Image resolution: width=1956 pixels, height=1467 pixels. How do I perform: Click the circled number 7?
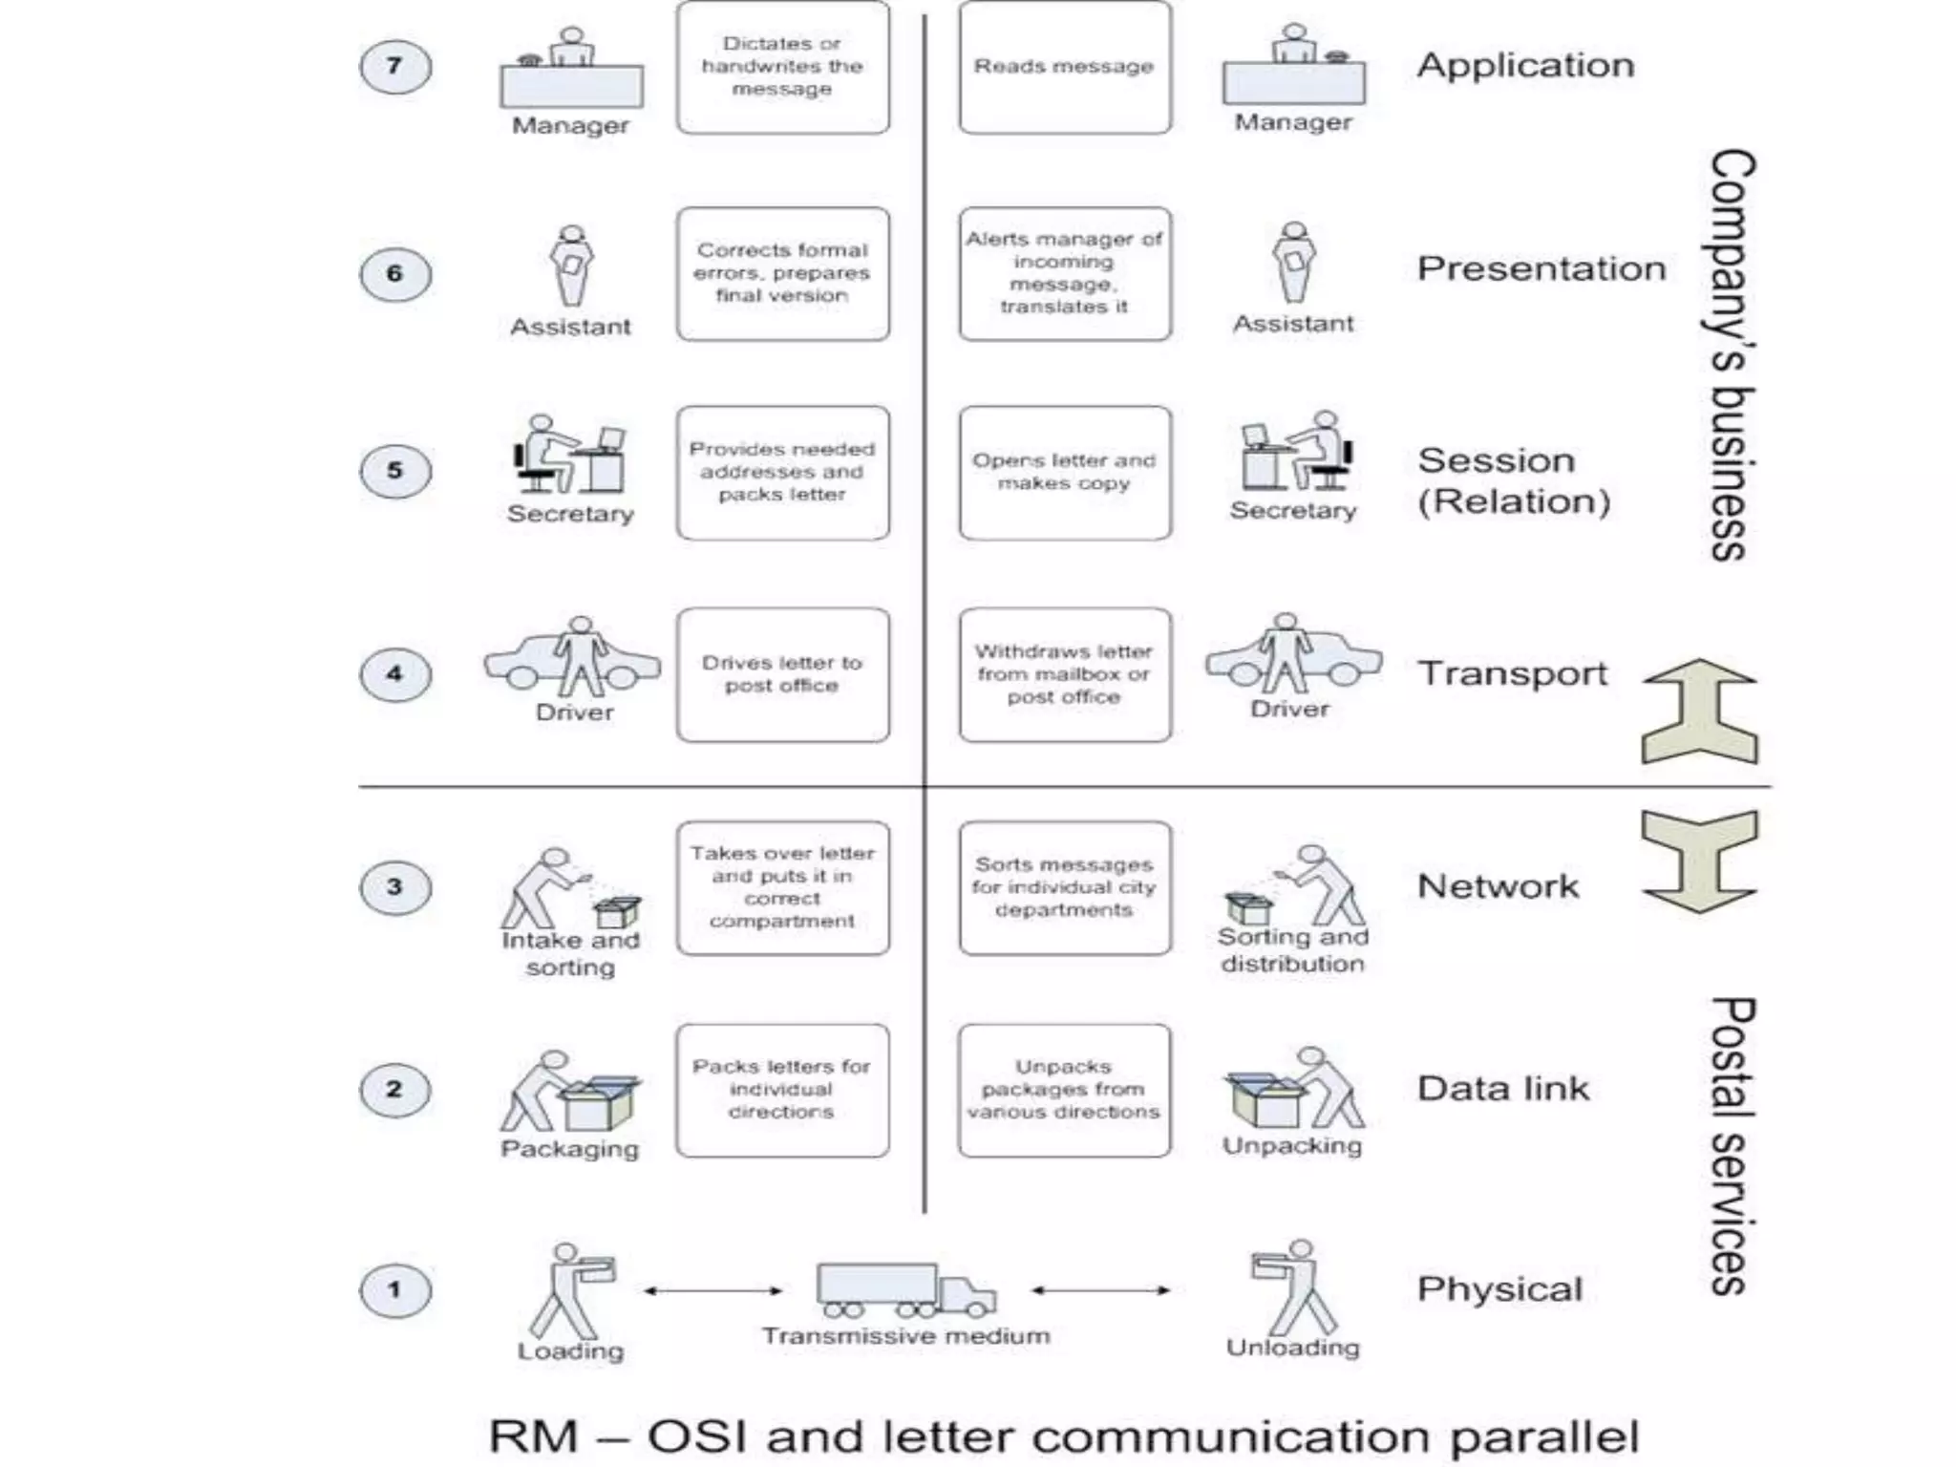pos(394,67)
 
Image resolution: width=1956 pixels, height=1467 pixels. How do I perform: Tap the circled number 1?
pos(394,1290)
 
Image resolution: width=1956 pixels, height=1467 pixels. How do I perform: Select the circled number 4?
pos(394,674)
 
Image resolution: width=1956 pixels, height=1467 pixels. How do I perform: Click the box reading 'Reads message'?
pos(1064,68)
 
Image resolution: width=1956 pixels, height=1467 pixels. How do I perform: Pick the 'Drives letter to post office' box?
pos(782,674)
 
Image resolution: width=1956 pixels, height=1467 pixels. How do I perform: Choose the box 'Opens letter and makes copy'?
pos(1064,473)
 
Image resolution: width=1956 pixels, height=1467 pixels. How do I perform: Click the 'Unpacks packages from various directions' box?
pos(1064,1090)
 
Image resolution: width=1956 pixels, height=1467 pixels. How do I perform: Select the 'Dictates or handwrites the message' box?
pos(782,68)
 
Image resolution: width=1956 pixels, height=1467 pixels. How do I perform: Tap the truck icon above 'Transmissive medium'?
pos(904,1289)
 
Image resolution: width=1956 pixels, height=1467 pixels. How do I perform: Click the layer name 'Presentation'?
pos(1541,269)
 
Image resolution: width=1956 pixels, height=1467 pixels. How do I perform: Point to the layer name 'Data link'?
pos(1502,1089)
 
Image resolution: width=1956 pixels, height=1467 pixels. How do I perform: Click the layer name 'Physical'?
pos(1499,1289)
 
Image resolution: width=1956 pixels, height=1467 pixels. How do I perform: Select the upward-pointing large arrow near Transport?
pos(1699,712)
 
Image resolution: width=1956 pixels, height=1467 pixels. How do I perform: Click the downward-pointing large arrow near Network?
pos(1699,861)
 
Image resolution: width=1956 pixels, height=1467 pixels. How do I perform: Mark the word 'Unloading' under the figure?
pos(1292,1348)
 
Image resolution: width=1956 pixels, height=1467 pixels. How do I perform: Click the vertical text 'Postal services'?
pos(1731,1145)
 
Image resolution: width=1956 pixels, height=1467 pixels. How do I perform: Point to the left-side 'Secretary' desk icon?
pos(570,456)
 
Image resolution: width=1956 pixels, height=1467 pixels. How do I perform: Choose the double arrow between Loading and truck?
pos(712,1291)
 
